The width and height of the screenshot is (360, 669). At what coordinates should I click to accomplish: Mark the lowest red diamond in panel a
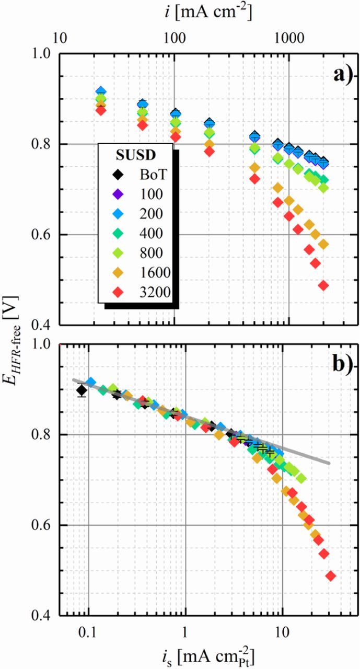pos(323,285)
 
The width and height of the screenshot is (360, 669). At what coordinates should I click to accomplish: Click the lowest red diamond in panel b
pos(330,576)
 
